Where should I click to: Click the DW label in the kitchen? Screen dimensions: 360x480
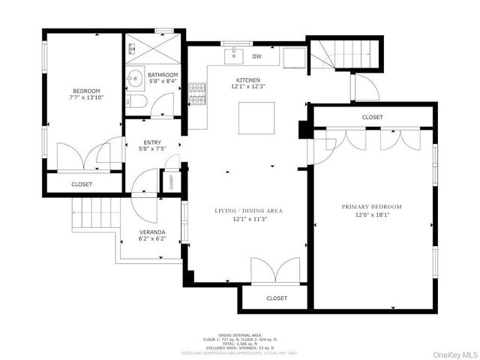coord(256,56)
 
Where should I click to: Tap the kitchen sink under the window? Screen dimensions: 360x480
coord(235,56)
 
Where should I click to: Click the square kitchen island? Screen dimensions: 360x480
coord(256,117)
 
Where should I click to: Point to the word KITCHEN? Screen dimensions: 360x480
coord(248,79)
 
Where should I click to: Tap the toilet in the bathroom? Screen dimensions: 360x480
coord(136,102)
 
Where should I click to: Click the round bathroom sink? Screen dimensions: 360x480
coord(135,78)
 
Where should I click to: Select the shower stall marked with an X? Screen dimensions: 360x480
coord(153,49)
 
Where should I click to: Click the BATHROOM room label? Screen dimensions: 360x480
coord(163,75)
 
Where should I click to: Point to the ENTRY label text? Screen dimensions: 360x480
coord(152,142)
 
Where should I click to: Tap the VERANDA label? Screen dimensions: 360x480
coord(152,232)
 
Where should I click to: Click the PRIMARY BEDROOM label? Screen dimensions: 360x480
coord(372,206)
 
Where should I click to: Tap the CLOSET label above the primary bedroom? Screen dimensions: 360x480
coord(372,118)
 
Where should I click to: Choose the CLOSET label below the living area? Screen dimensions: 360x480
coord(277,298)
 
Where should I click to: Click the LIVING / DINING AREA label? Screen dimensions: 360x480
coord(247,211)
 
